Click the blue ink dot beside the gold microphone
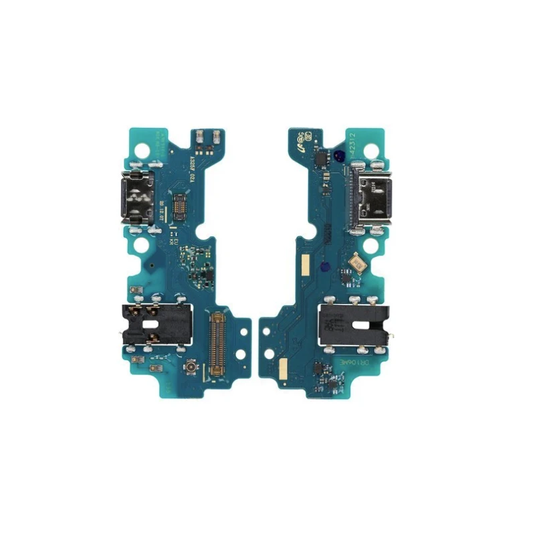pos(325,266)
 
